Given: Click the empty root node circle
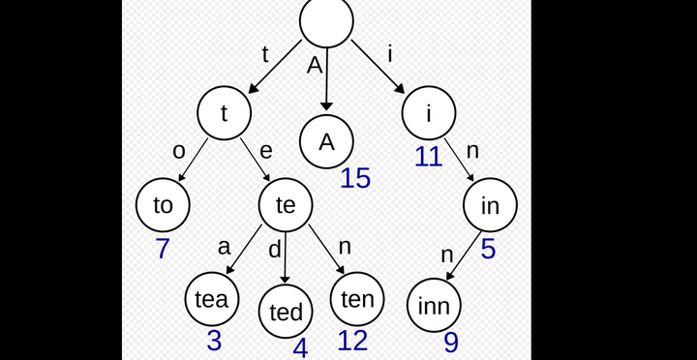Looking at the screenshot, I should click(326, 20).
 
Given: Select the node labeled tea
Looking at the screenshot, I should click(212, 299).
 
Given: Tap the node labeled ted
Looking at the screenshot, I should click(286, 312).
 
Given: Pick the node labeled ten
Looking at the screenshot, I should click(357, 299).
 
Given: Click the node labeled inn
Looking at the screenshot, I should click(434, 306).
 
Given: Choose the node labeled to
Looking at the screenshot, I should click(163, 205).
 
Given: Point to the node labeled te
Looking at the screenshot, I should click(286, 205).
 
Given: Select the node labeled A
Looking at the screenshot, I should click(326, 141).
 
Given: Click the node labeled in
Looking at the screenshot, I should click(490, 205).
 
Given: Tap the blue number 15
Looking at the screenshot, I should click(355, 178).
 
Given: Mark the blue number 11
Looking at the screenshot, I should click(428, 157).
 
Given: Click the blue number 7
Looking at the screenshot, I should click(163, 249).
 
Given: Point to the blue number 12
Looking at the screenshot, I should click(352, 341).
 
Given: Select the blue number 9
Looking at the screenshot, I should click(451, 343).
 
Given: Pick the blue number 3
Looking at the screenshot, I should click(214, 341).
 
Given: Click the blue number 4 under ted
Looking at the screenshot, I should click(300, 347).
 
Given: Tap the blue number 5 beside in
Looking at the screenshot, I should click(488, 249).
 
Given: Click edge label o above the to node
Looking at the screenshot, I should click(178, 151).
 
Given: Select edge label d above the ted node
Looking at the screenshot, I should click(275, 250).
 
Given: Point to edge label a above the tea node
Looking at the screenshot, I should click(225, 248).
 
